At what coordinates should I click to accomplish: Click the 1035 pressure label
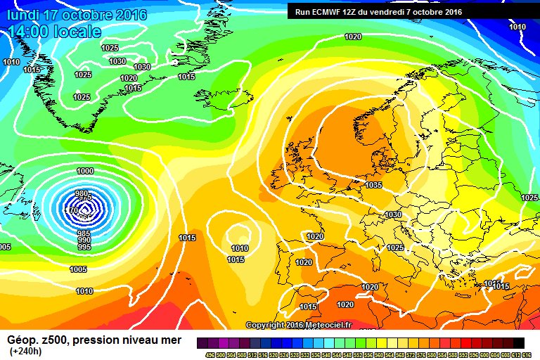[x=373, y=186]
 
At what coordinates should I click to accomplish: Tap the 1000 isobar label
[x=85, y=171]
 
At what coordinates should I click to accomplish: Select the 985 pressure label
[x=83, y=233]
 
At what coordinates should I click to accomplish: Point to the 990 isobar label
[x=84, y=240]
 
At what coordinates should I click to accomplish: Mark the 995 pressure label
[x=84, y=247]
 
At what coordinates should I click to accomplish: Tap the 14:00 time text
[x=29, y=32]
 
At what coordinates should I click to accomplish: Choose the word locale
[x=77, y=32]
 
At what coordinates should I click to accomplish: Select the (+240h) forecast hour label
[x=26, y=351]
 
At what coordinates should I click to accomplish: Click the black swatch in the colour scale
[x=518, y=343]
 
